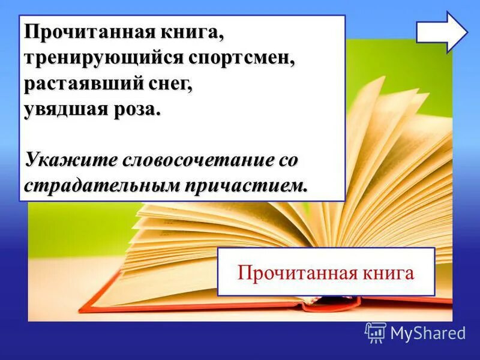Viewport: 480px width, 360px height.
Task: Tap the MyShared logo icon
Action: point(376,332)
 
